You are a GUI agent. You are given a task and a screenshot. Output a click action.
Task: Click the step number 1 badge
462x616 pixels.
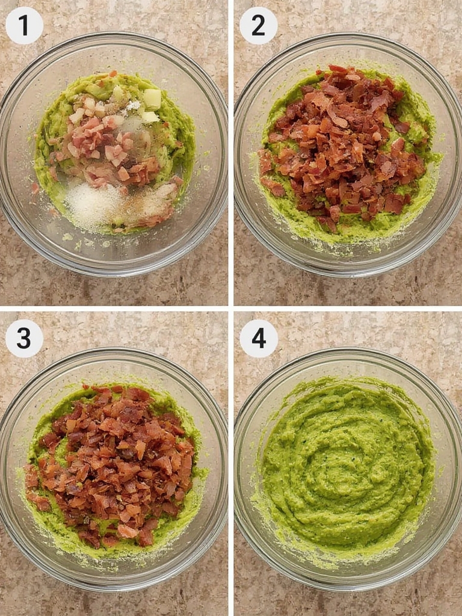[x=24, y=25]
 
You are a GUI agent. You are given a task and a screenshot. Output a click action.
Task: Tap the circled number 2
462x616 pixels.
[x=258, y=25]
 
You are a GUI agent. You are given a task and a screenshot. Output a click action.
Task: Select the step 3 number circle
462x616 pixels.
[x=24, y=338]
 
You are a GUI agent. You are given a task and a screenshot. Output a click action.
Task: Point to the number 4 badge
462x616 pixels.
[x=258, y=338]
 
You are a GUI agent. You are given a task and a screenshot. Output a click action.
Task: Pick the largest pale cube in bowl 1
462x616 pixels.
[x=152, y=99]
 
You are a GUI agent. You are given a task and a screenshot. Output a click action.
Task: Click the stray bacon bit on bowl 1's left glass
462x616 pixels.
[x=35, y=188]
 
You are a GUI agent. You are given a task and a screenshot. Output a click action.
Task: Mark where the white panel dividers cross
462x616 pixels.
[x=231, y=308]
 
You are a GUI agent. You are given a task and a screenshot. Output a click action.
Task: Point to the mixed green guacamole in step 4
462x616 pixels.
[x=361, y=505]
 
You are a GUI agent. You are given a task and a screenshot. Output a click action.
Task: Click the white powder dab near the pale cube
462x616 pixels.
[x=134, y=106]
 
